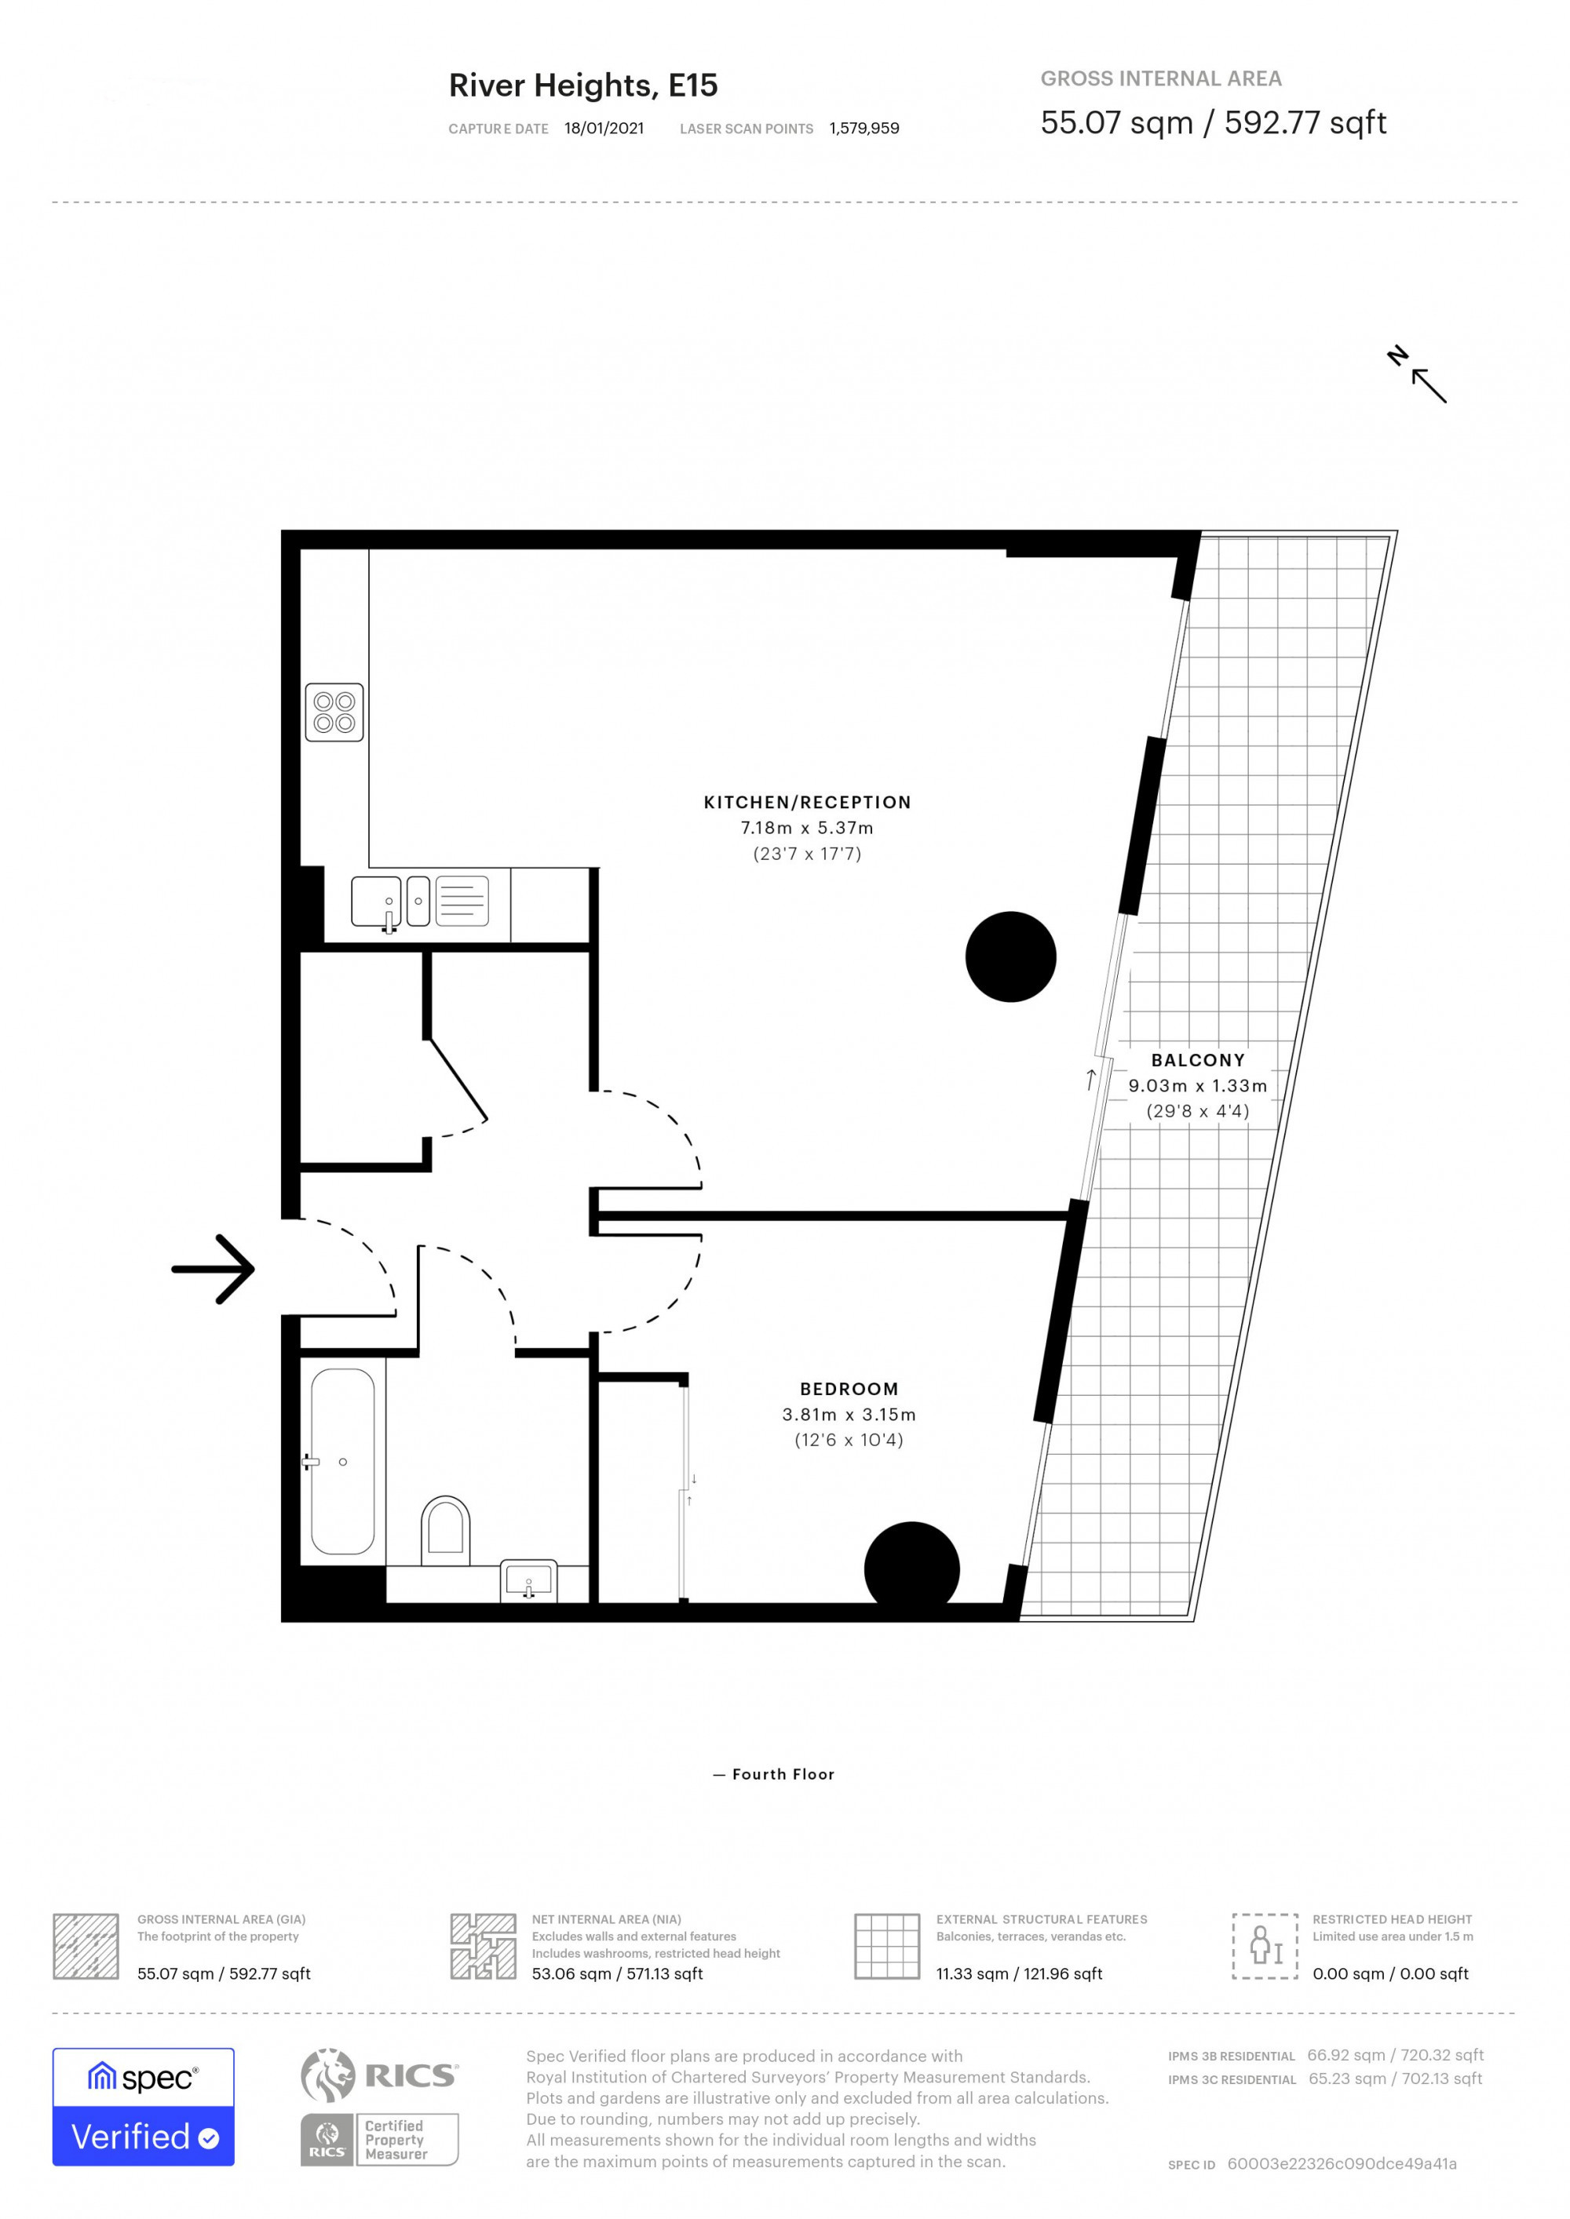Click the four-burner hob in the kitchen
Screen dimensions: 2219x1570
point(334,712)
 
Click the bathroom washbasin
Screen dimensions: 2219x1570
point(529,1581)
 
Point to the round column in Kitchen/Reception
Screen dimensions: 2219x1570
point(1010,956)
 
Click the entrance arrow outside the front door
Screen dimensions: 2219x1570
point(214,1269)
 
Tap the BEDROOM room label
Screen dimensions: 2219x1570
point(849,1389)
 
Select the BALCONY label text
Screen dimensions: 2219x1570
point(1198,1060)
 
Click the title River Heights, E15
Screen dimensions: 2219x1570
point(583,86)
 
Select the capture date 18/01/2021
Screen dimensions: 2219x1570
point(604,129)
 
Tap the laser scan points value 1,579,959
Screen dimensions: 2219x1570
point(863,129)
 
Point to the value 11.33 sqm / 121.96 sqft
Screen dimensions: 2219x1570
point(1019,1974)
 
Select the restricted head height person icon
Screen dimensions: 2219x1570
point(1264,1945)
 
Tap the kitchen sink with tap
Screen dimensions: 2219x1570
point(376,902)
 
